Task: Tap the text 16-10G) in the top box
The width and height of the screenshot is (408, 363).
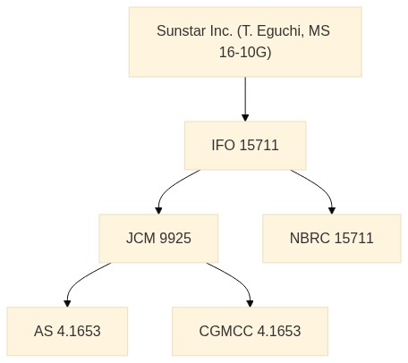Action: click(x=245, y=53)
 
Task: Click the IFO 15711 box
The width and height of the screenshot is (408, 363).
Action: click(x=245, y=146)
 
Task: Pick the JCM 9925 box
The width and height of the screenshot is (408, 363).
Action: click(x=158, y=239)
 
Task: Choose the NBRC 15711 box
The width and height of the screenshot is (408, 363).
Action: click(x=332, y=239)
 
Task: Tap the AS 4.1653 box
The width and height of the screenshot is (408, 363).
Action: click(x=67, y=332)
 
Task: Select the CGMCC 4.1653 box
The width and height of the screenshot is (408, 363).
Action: click(x=250, y=332)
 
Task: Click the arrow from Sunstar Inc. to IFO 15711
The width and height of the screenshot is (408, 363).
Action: click(x=245, y=99)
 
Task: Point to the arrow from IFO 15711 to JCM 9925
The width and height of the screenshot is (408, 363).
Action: click(x=169, y=188)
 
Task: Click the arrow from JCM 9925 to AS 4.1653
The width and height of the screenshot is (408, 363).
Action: click(x=78, y=280)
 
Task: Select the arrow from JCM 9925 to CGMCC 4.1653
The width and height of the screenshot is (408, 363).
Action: click(x=239, y=280)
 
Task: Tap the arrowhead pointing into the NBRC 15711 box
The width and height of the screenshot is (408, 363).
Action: click(x=332, y=211)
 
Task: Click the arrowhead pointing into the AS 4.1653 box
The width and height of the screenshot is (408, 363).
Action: click(x=67, y=304)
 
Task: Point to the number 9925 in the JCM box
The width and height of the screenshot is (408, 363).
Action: click(x=175, y=239)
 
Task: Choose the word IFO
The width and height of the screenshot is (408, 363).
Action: click(x=223, y=146)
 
